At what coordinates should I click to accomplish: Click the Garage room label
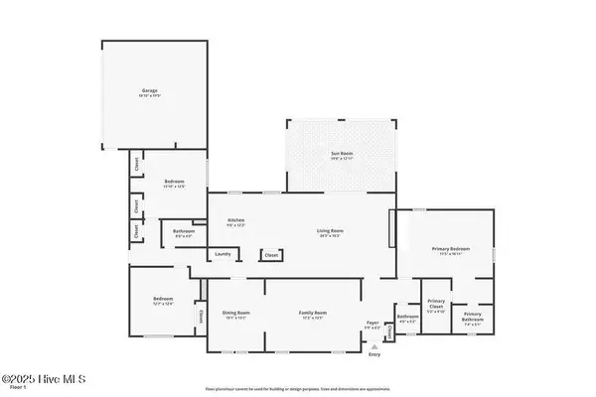coord(149,91)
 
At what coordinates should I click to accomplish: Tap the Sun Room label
coord(341,154)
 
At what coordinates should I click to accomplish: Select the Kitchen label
coord(235,220)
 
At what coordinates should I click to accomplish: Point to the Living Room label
coord(330,232)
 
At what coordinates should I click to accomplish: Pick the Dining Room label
coord(235,313)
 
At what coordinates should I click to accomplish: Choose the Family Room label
coord(313,313)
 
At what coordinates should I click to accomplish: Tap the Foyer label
coord(373,323)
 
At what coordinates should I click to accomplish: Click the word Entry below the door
coord(374,354)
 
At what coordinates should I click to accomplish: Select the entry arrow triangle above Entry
coord(374,346)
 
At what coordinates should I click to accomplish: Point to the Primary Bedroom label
coord(450,249)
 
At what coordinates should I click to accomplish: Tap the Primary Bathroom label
coord(473,319)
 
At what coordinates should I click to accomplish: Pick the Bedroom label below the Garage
coord(174,183)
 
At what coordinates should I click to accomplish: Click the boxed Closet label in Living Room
coord(270,256)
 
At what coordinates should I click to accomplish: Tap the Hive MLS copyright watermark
coord(45,379)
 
